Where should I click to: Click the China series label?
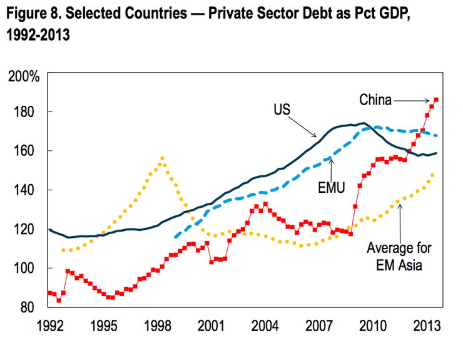coord(375,99)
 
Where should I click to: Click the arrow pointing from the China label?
coord(413,99)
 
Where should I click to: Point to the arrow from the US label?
coord(306,125)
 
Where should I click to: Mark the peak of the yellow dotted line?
coord(162,158)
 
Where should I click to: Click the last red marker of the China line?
coord(436,100)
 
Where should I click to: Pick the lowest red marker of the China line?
coord(59,301)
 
